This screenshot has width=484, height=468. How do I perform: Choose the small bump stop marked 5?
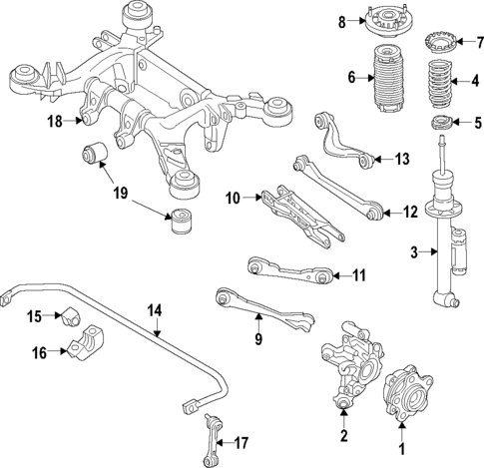[x=437, y=125]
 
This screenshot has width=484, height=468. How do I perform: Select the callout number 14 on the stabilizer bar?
[x=154, y=309]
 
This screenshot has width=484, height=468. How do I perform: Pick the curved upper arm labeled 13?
[x=339, y=141]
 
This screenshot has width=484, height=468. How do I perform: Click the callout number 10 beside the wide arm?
[x=233, y=199]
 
